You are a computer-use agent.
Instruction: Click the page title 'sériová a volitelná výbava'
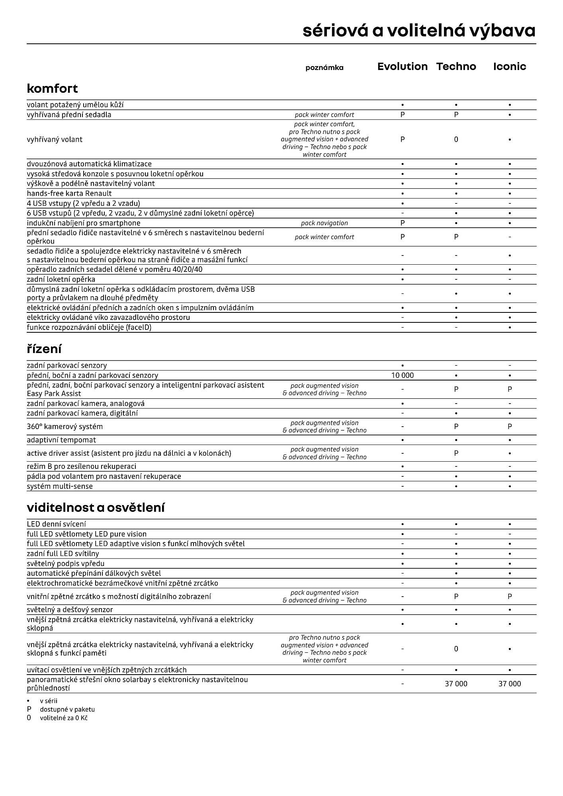point(419,31)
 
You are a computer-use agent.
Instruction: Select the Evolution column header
point(403,66)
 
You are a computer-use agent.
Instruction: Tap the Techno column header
point(456,66)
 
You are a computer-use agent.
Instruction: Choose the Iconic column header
point(510,66)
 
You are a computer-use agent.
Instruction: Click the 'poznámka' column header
point(324,68)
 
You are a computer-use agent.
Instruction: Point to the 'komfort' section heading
point(52,88)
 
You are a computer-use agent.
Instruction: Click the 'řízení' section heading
point(44,349)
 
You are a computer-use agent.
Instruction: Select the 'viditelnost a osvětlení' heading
point(96,507)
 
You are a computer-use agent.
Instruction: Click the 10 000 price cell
point(403,375)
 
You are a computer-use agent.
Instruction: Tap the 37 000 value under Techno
point(456,684)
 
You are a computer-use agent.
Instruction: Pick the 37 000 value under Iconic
point(510,684)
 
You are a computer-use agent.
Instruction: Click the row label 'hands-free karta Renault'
point(69,193)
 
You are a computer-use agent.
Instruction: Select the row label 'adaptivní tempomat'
point(61,440)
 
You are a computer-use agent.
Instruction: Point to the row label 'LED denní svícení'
point(56,524)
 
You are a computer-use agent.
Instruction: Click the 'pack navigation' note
point(324,223)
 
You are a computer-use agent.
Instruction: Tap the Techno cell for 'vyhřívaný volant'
point(456,139)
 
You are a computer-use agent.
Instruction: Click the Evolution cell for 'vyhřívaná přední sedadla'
point(403,115)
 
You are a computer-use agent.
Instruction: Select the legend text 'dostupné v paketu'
point(67,709)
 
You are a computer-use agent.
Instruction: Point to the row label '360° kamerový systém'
point(65,427)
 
